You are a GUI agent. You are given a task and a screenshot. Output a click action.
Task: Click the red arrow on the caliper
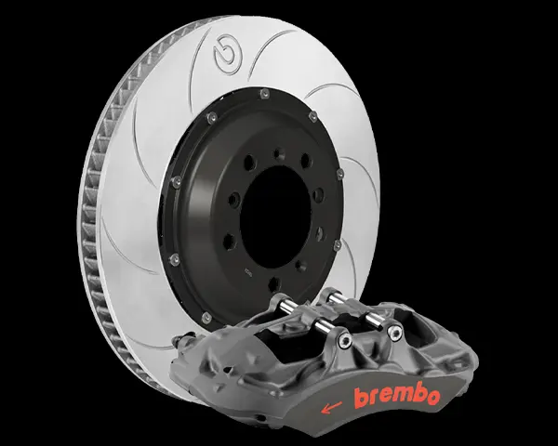tap(331, 407)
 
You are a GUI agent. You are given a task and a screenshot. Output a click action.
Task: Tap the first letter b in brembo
tap(361, 398)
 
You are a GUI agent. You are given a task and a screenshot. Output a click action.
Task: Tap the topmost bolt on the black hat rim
tap(264, 94)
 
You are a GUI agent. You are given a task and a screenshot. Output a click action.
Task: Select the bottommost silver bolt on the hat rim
tap(206, 317)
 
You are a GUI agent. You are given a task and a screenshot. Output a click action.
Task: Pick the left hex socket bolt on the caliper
tap(344, 341)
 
